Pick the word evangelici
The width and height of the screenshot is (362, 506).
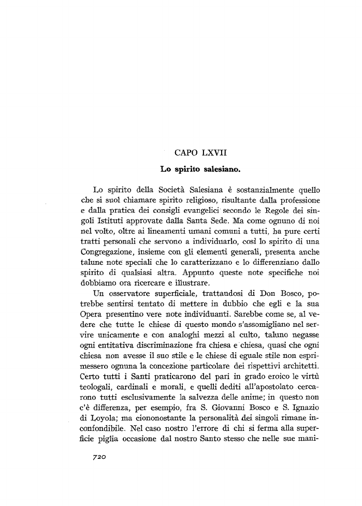(196, 210)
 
